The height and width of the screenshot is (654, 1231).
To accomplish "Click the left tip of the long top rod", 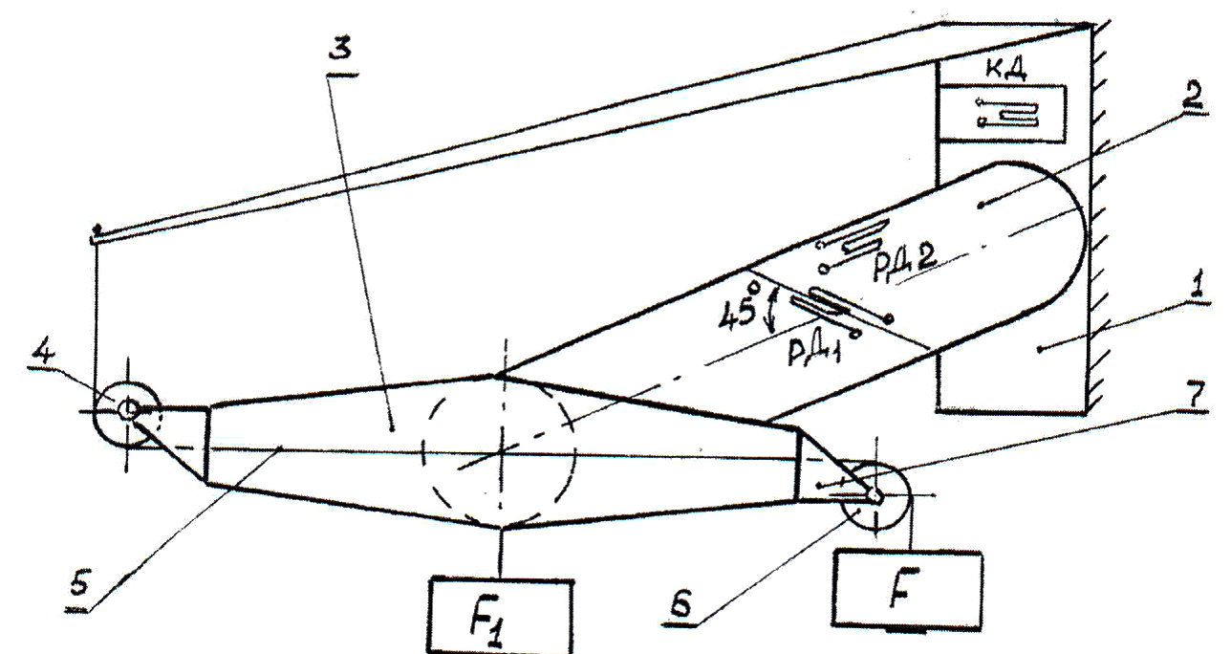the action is (97, 229).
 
